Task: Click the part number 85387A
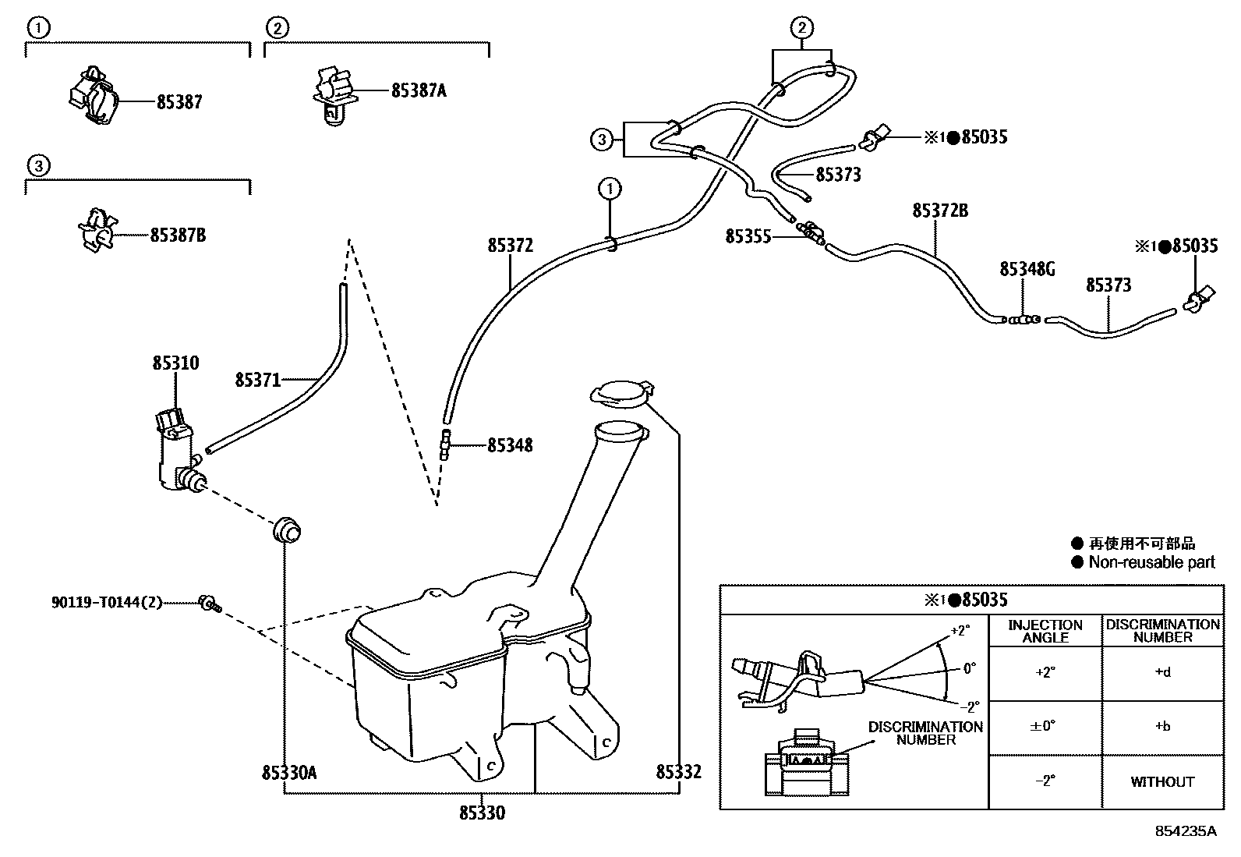(x=419, y=90)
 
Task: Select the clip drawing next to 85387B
(x=97, y=230)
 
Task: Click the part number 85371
(x=257, y=380)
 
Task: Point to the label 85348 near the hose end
(x=510, y=446)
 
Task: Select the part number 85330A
(x=288, y=773)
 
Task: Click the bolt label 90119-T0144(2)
(x=107, y=602)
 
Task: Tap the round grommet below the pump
(x=286, y=529)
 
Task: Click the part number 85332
(x=678, y=772)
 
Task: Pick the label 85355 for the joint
(x=748, y=235)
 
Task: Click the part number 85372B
(x=940, y=211)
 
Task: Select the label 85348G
(x=1027, y=269)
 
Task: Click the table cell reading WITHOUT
(x=1161, y=782)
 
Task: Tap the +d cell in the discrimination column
(x=1161, y=672)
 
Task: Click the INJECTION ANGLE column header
(x=1045, y=631)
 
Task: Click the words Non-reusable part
(x=1151, y=562)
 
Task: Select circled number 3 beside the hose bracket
(x=601, y=140)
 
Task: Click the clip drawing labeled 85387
(x=92, y=97)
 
